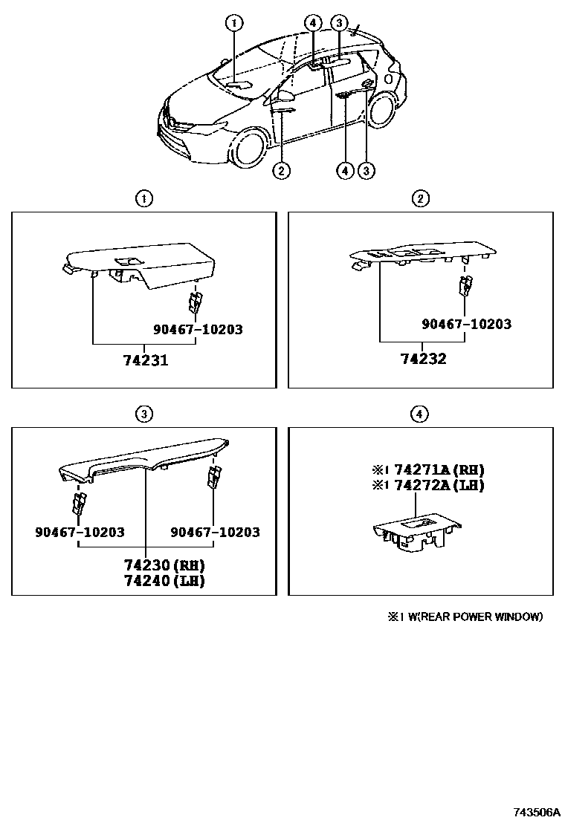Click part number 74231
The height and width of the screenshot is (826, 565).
click(x=146, y=360)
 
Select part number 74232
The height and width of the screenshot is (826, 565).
click(x=423, y=359)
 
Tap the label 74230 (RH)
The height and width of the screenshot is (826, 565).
click(x=164, y=565)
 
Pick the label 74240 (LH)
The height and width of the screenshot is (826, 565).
click(x=164, y=581)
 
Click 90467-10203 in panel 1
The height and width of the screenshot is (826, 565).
click(x=198, y=329)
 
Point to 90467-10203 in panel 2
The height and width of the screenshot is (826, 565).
click(x=466, y=323)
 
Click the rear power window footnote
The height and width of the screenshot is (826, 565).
click(x=465, y=617)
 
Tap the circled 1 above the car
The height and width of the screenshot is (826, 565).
click(x=234, y=22)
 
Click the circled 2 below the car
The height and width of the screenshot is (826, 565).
click(x=282, y=170)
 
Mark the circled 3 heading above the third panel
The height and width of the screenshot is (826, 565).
click(x=144, y=414)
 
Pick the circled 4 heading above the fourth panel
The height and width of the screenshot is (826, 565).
click(x=419, y=414)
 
